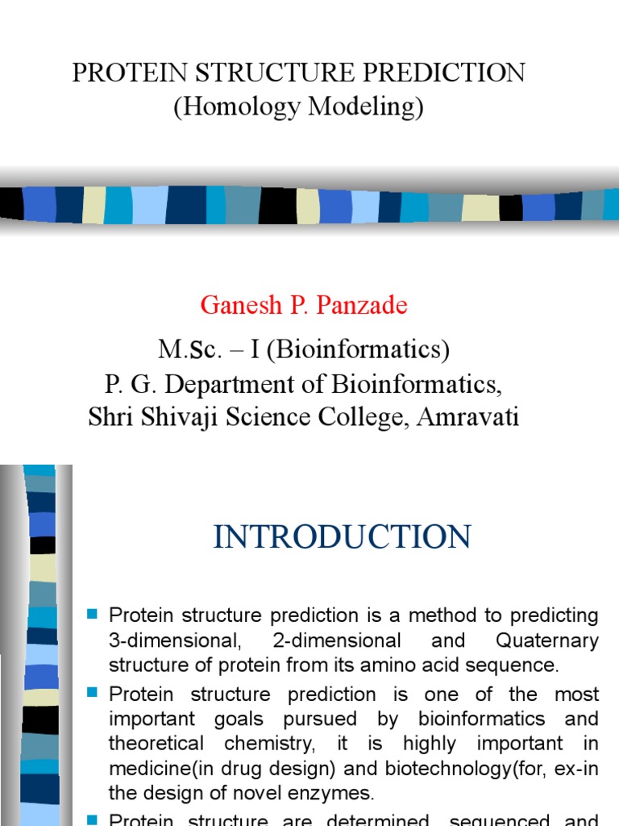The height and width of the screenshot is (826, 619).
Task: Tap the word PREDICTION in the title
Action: pyautogui.click(x=453, y=73)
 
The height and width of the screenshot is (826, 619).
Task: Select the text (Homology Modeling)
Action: pyautogui.click(x=299, y=106)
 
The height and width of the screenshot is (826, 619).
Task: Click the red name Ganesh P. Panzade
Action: pyautogui.click(x=304, y=305)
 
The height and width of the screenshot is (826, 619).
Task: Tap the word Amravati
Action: pyautogui.click(x=467, y=417)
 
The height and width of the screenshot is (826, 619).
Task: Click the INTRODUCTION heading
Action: pyautogui.click(x=342, y=536)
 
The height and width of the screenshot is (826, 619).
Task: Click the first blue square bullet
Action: pyautogui.click(x=92, y=615)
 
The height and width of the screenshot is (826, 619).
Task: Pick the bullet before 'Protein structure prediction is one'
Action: pyautogui.click(x=92, y=693)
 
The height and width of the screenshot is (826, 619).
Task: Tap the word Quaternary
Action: pyautogui.click(x=547, y=641)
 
